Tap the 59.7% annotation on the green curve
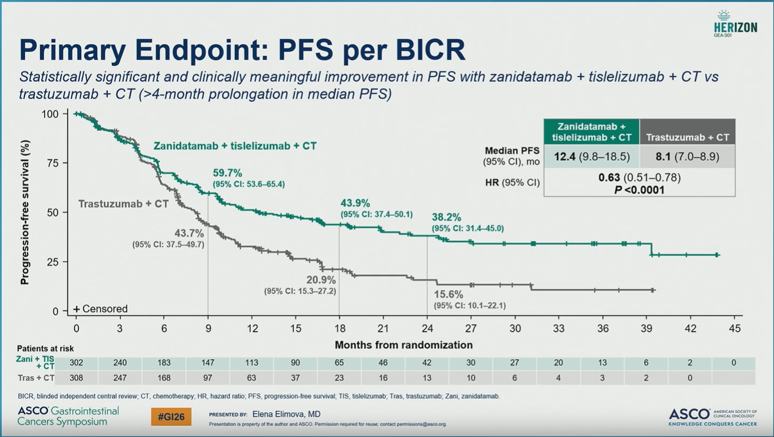227,172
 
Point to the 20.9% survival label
321,279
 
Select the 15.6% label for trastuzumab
448,294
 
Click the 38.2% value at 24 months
446,218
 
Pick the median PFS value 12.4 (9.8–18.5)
592,156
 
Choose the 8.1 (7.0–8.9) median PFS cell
687,156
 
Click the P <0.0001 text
639,190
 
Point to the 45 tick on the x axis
734,329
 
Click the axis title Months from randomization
403,345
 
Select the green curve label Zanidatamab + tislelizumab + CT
235,146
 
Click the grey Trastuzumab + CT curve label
123,203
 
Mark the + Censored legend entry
100,309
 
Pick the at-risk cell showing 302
76,363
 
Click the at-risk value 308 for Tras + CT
76,378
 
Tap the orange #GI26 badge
171,416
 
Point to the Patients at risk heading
45,348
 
